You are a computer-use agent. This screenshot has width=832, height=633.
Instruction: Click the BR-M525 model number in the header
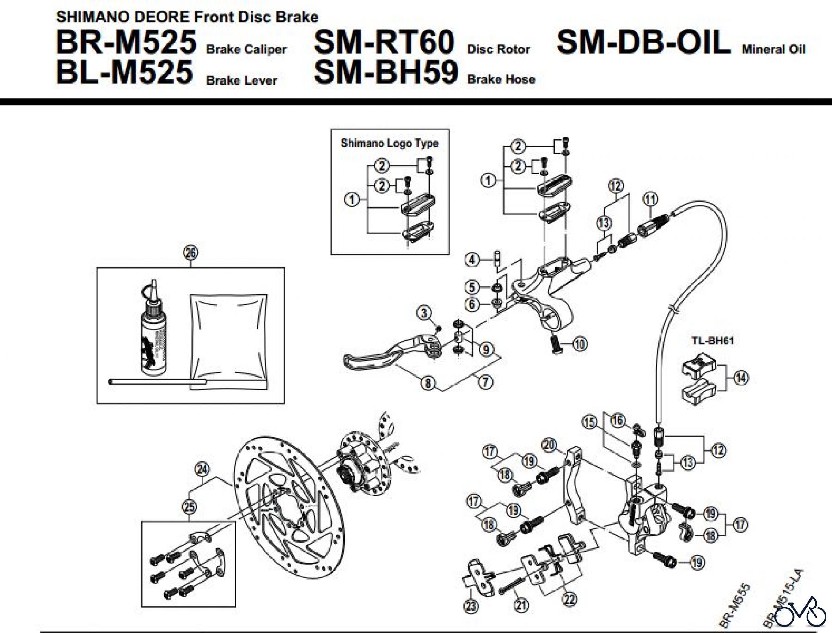126,43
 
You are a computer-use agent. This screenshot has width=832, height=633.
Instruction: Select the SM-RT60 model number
384,43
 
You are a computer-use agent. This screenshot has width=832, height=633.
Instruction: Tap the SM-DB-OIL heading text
643,43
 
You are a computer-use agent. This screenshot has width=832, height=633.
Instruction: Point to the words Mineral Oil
773,50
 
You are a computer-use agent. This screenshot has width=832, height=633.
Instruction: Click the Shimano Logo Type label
389,143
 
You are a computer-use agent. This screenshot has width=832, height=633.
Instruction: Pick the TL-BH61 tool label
712,341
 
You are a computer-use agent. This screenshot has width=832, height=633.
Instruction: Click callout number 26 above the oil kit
190,252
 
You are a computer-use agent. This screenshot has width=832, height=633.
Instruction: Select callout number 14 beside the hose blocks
741,378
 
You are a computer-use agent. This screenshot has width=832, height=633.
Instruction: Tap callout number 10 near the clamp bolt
580,344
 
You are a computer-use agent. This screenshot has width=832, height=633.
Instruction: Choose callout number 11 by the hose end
650,199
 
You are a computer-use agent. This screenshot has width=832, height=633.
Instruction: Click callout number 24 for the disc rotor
202,469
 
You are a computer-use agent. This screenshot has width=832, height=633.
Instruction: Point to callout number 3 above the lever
424,313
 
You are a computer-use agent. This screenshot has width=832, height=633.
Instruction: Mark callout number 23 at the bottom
471,606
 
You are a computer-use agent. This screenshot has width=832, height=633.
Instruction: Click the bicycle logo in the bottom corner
800,613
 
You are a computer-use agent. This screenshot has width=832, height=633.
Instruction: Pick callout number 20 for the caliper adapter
549,445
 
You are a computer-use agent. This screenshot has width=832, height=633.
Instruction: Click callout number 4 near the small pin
471,260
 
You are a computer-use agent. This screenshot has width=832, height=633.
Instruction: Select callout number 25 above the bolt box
190,507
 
